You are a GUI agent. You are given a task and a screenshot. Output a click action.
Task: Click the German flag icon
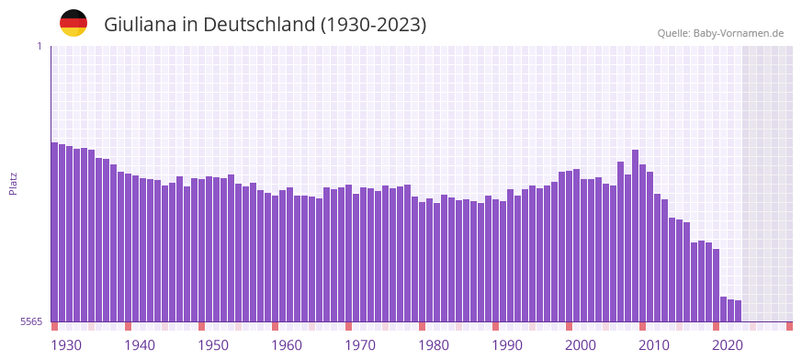pyautogui.click(x=73, y=23)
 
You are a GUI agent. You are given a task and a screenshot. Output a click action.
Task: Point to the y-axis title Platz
pyautogui.click(x=13, y=183)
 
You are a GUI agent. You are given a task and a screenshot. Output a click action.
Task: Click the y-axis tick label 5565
pyautogui.click(x=31, y=321)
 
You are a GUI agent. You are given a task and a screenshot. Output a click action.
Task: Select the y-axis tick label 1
pyautogui.click(x=40, y=46)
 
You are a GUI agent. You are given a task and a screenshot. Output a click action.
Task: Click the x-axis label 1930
pyautogui.click(x=66, y=345)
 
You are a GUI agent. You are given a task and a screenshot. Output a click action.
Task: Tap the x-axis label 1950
pyautogui.click(x=213, y=345)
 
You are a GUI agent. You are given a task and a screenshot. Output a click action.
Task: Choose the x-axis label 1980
pyautogui.click(x=434, y=345)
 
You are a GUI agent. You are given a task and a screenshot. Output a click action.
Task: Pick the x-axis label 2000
pyautogui.click(x=581, y=345)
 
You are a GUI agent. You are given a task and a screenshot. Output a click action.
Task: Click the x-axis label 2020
pyautogui.click(x=728, y=345)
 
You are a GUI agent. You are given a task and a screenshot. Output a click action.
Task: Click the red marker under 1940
pyautogui.click(x=128, y=326)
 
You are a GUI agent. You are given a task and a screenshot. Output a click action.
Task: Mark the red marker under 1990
pyautogui.click(x=495, y=326)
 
